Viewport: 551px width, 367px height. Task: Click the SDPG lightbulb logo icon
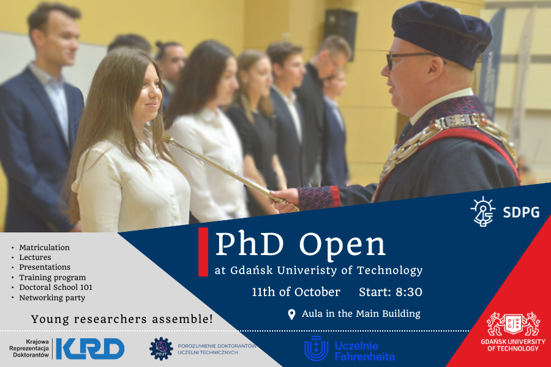(x=483, y=212)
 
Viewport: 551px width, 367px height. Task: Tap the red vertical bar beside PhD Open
(x=203, y=251)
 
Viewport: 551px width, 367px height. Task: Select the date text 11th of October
(x=296, y=292)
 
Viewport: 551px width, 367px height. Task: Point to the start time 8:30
(x=408, y=292)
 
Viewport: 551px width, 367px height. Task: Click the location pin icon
(x=292, y=314)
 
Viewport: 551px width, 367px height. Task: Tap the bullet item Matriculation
(x=44, y=248)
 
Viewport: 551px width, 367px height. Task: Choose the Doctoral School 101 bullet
(x=56, y=287)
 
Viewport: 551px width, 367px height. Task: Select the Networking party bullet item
(x=52, y=297)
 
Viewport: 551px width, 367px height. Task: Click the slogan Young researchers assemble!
(x=122, y=319)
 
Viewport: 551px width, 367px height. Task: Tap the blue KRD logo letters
(x=90, y=349)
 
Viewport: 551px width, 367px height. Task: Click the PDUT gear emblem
(x=161, y=348)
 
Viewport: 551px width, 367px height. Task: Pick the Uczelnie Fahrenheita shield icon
(x=316, y=348)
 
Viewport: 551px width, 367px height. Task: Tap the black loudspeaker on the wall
(x=341, y=34)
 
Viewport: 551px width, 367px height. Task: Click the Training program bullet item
(x=52, y=277)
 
